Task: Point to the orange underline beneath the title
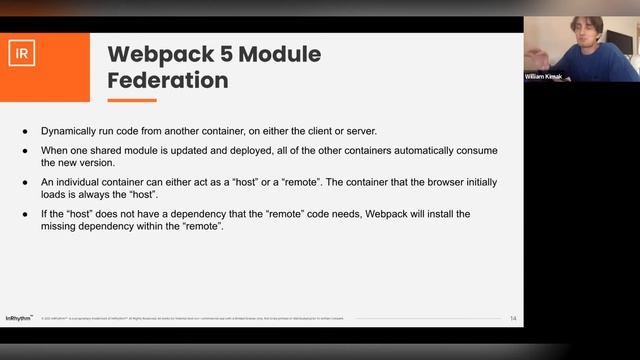132,99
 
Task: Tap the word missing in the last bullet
59,225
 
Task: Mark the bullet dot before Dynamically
26,131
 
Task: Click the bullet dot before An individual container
26,181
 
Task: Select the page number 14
513,318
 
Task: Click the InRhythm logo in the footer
19,318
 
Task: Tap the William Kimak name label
544,77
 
